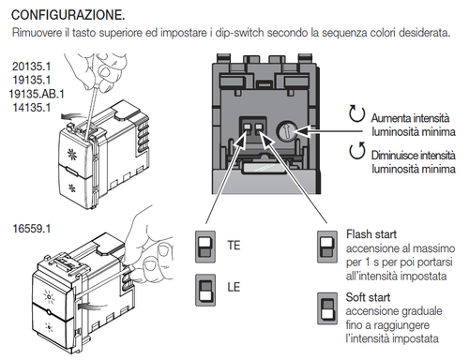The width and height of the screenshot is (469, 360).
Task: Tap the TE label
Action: [234, 246]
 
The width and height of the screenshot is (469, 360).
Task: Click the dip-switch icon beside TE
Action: [204, 247]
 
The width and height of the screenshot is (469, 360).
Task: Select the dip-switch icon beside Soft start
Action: [326, 310]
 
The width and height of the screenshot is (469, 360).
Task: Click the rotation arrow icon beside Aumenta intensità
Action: [356, 114]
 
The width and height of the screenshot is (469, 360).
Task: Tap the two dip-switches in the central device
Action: [254, 129]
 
